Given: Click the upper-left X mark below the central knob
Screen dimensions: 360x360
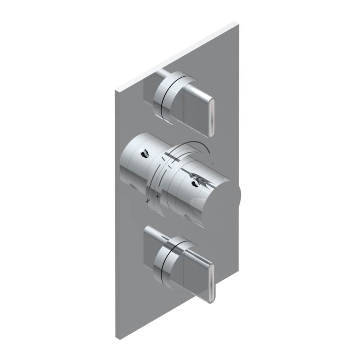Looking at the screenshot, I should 147,201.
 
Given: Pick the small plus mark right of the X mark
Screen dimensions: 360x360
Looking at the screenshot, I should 157,197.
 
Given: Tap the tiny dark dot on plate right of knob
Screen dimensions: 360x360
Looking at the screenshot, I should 213,164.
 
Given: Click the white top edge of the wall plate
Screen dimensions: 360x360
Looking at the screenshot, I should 177,56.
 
